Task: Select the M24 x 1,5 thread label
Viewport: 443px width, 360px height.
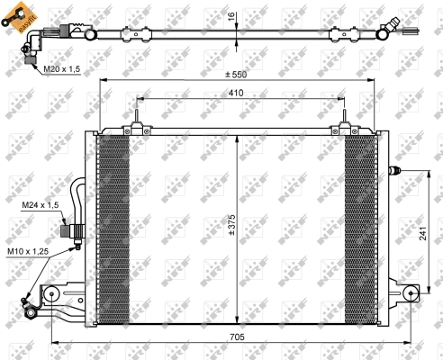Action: pos(40,206)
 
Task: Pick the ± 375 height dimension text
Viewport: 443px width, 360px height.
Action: pos(231,225)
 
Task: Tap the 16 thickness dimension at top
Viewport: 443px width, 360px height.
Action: pos(231,17)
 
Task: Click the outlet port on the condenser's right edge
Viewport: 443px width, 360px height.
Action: pos(393,169)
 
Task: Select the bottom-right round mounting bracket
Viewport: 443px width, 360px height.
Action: pos(411,293)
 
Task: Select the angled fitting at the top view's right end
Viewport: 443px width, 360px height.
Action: pos(390,28)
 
